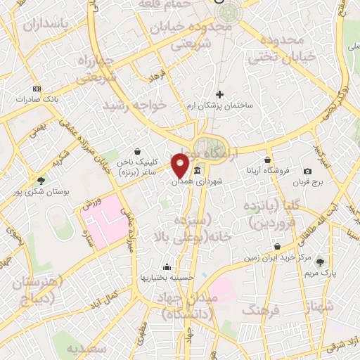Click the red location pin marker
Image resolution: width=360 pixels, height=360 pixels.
click(181, 165)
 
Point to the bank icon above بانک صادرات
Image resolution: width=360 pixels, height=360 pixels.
click(37, 89)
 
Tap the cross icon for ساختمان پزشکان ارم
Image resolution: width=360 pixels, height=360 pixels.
click(219, 94)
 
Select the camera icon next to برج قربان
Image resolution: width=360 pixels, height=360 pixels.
click(308, 171)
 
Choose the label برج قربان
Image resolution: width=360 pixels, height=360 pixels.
click(307, 182)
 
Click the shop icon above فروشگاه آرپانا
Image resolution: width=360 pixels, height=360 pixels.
click(267, 160)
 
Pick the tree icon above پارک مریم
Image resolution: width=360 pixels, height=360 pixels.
click(321, 262)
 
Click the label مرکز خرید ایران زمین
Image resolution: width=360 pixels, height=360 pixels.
click(278, 258)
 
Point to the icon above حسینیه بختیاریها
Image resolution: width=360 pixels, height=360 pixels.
click(167, 266)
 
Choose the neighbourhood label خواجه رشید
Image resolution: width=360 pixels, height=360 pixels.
click(134, 104)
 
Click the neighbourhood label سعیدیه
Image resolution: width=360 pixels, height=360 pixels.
click(88, 349)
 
